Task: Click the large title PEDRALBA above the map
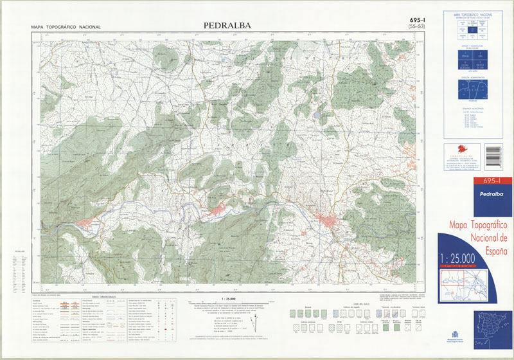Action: (227, 26)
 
